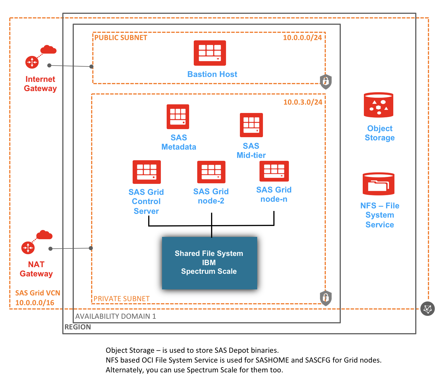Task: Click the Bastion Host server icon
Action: tap(210, 53)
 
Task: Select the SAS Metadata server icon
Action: tap(178, 117)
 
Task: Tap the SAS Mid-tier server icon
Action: tap(251, 125)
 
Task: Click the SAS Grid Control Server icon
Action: tap(146, 172)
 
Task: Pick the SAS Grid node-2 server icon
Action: tap(211, 172)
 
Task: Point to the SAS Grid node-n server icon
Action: tap(274, 171)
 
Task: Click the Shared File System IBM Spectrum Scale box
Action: tap(209, 263)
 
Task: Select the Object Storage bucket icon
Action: tap(378, 105)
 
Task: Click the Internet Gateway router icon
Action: tap(32, 62)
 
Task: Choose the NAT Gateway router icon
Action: tap(28, 248)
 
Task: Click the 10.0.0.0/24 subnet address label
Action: tap(302, 38)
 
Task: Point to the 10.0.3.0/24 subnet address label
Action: tap(302, 102)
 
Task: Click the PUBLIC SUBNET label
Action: tap(121, 38)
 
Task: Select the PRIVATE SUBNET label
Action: tap(121, 299)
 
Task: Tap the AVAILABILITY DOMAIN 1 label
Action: tap(115, 316)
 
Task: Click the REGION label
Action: tap(78, 327)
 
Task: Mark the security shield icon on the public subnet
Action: tap(326, 82)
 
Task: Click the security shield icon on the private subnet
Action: tap(326, 298)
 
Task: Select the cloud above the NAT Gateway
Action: tap(44, 235)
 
